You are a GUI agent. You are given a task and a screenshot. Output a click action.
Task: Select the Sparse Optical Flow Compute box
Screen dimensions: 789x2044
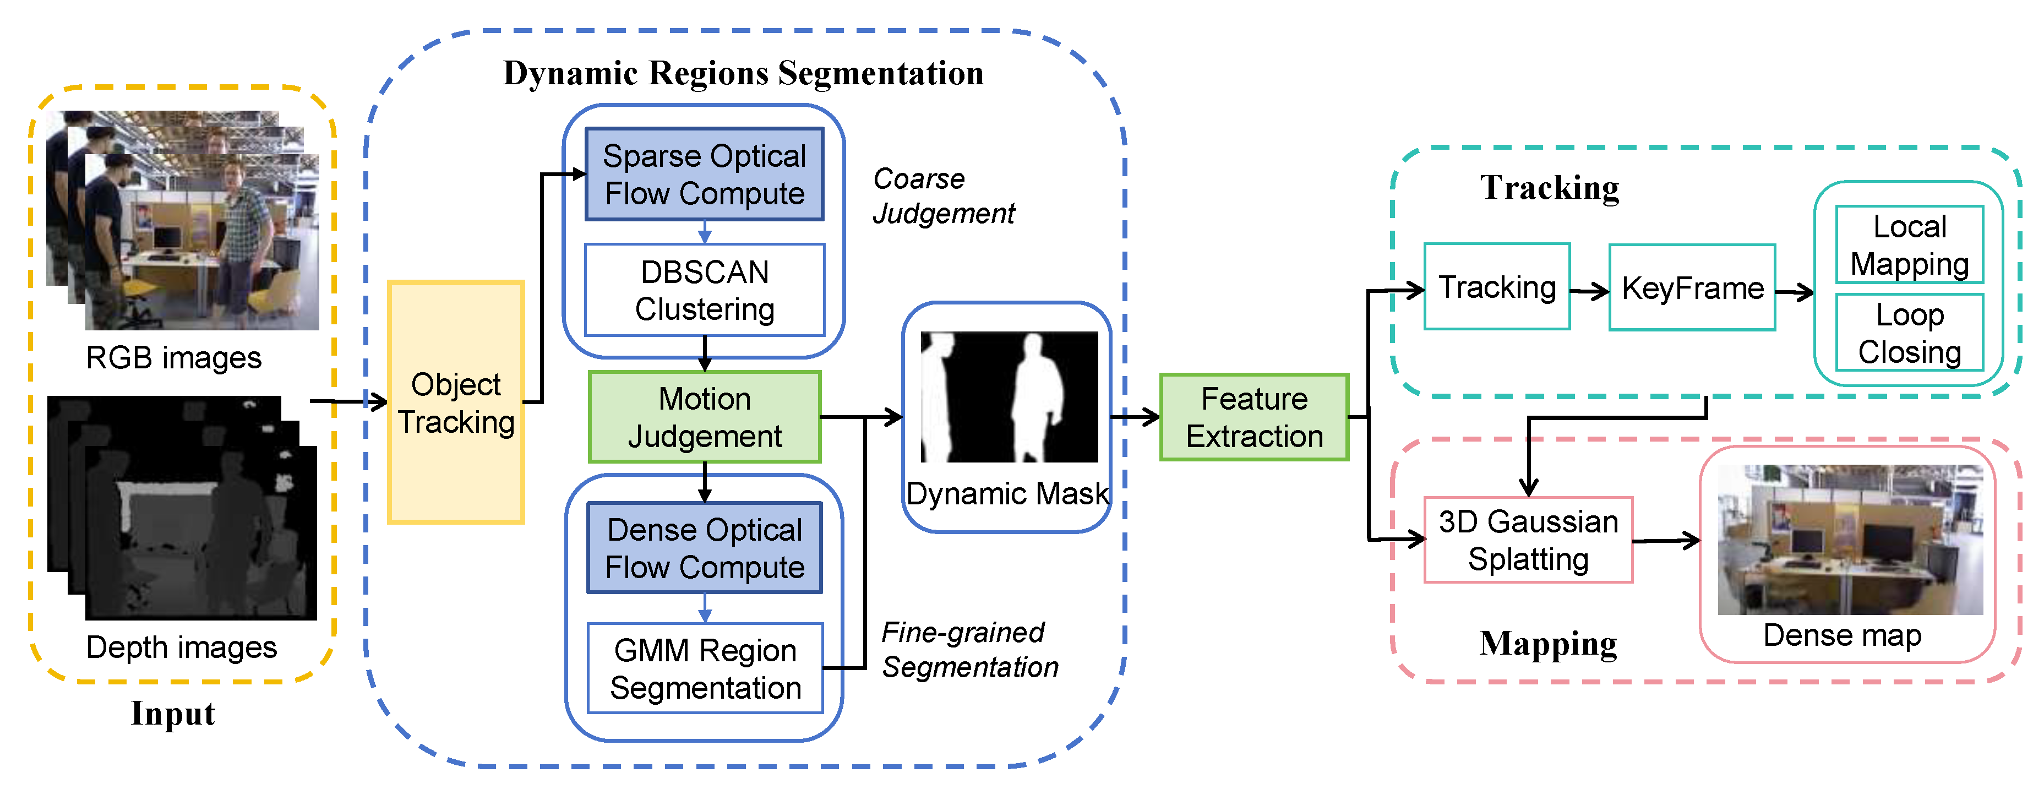coord(704,175)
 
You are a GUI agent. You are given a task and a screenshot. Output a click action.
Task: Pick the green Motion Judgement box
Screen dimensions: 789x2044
coord(704,417)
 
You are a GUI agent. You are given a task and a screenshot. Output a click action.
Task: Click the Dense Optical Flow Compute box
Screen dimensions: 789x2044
coord(704,548)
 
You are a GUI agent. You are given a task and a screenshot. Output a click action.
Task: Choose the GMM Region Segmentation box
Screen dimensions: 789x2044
coord(704,668)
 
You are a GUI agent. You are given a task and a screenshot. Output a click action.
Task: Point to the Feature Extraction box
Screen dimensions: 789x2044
coord(1253,417)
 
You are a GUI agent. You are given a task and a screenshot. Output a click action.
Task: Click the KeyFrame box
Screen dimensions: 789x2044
coord(1692,287)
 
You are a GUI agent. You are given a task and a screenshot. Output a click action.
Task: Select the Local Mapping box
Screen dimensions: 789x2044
coord(1909,244)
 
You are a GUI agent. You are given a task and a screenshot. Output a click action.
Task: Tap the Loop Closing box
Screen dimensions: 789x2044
coord(1909,333)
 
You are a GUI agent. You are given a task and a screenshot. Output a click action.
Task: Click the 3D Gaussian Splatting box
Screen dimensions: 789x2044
coord(1528,540)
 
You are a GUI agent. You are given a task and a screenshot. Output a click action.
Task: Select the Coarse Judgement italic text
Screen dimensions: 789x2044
coord(942,196)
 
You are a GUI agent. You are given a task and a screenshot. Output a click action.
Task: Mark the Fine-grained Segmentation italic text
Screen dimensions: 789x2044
coord(969,649)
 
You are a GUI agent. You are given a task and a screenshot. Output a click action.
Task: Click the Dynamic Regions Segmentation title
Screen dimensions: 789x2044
coord(744,73)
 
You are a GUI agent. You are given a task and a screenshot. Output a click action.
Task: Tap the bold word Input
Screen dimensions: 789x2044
coord(172,713)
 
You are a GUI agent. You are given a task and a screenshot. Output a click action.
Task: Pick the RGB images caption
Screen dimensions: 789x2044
coord(173,357)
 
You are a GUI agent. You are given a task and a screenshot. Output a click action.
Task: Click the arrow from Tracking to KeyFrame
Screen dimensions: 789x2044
coord(1589,291)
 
